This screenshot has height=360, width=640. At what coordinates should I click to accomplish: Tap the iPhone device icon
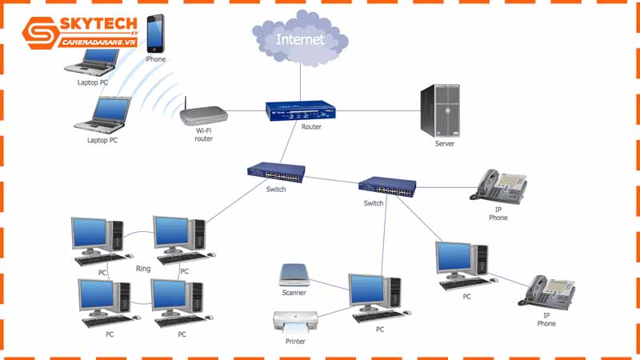[155, 33]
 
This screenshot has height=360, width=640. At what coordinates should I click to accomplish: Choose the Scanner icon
[294, 275]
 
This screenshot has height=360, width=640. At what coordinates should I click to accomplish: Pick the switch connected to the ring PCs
[274, 172]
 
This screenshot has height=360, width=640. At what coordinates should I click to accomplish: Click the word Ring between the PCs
[143, 269]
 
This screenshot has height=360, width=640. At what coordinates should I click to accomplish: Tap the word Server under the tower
[444, 144]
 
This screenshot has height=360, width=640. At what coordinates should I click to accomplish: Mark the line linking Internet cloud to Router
[300, 80]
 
